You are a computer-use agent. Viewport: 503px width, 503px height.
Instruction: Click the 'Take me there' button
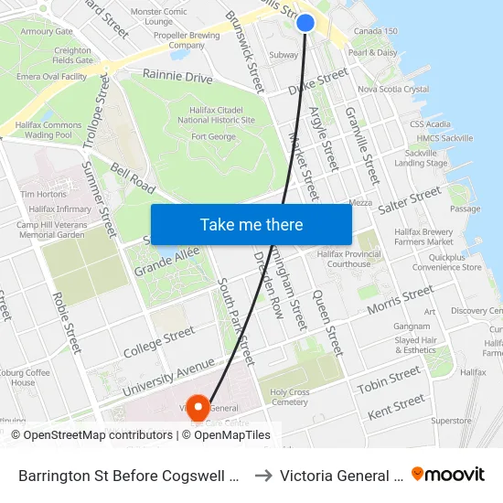tap(251, 224)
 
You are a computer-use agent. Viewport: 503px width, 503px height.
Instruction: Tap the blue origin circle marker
tap(305, 23)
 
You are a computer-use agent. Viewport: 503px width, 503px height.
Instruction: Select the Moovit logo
tap(448, 474)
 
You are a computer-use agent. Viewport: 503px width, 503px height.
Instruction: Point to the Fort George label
tap(213, 137)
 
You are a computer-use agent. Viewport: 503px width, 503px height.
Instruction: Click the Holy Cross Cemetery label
tap(290, 397)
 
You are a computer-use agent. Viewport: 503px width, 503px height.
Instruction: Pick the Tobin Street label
tap(389, 380)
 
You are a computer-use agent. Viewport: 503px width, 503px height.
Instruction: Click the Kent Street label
tap(396, 406)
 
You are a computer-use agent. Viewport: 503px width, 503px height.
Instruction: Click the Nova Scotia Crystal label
tap(393, 90)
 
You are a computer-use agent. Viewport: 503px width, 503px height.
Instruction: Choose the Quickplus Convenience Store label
tap(447, 262)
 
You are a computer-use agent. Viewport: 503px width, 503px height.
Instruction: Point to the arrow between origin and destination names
tap(262, 475)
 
